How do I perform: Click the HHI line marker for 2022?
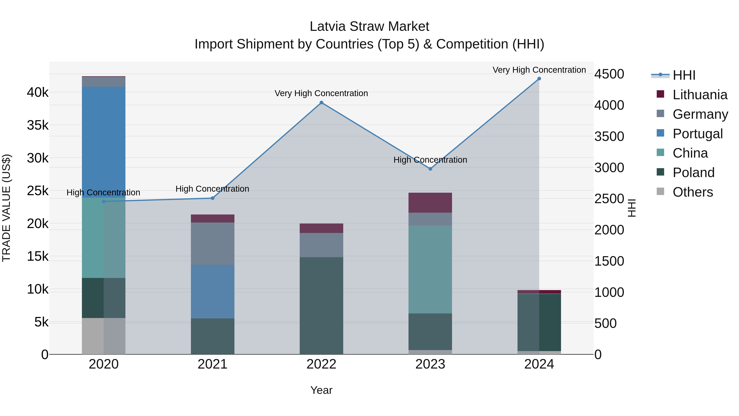click(x=321, y=103)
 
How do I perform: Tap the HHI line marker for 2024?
click(x=539, y=79)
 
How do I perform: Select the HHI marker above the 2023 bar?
click(x=430, y=169)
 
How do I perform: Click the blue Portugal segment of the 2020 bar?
click(x=104, y=142)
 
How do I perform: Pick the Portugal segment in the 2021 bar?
click(x=213, y=291)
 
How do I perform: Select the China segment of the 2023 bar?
click(x=430, y=269)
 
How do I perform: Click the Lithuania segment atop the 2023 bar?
click(x=430, y=203)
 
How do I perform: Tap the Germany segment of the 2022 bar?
click(x=321, y=245)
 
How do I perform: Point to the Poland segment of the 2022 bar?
click(x=321, y=306)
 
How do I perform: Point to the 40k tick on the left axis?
click(x=38, y=92)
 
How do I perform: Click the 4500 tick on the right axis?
click(x=609, y=74)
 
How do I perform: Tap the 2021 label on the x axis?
click(x=213, y=364)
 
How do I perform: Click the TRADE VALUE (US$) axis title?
click(x=6, y=208)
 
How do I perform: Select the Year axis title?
click(x=321, y=390)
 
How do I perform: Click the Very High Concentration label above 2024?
click(x=539, y=70)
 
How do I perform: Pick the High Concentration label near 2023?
click(x=430, y=160)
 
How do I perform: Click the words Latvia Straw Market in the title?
click(x=369, y=27)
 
